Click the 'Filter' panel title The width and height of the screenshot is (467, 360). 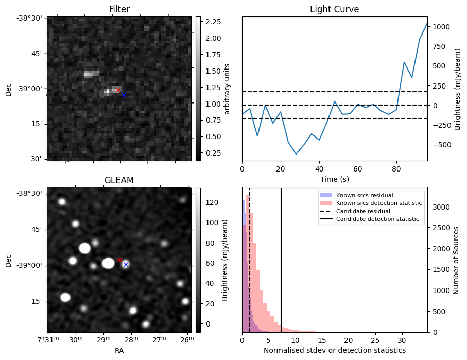(119, 9)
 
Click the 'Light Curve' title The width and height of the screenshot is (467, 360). (334, 9)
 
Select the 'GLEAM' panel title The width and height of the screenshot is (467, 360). (119, 180)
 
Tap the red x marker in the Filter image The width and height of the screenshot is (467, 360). (118, 90)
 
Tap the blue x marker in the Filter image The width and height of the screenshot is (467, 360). (124, 95)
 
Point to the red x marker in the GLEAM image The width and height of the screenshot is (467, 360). (120, 260)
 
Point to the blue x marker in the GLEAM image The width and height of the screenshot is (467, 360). (126, 264)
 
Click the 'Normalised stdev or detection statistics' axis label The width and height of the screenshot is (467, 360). (334, 350)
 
